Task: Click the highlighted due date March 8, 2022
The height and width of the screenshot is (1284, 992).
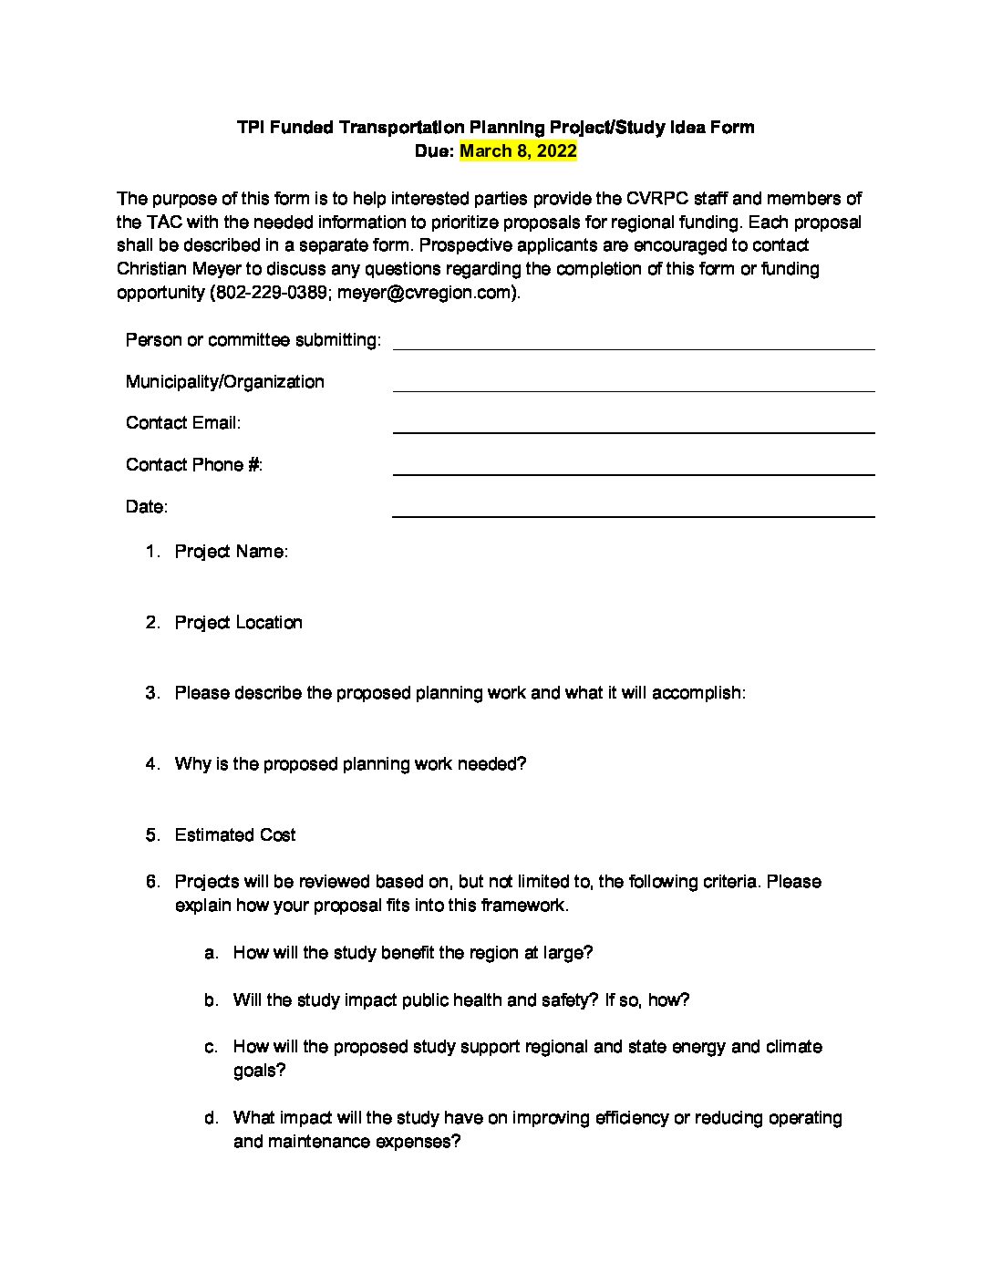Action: click(518, 151)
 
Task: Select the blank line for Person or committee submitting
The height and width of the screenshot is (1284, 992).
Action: click(633, 343)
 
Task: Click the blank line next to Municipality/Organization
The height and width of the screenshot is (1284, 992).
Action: click(633, 385)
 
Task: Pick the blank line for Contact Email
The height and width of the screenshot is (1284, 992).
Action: click(633, 426)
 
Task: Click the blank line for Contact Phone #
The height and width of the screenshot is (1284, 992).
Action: click(633, 468)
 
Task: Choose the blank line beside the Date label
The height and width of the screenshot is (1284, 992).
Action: click(633, 510)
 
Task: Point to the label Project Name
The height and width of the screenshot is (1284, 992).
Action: click(232, 552)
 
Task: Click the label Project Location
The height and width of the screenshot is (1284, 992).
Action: click(238, 623)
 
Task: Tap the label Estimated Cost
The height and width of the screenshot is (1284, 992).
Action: click(235, 835)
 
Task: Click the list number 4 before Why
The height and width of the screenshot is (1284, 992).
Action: click(151, 764)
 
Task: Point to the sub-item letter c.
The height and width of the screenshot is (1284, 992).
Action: click(211, 1047)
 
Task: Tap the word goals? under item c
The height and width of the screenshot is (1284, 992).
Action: click(259, 1071)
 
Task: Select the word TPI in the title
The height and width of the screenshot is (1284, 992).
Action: click(250, 128)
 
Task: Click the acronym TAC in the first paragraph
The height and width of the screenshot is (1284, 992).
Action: click(161, 223)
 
